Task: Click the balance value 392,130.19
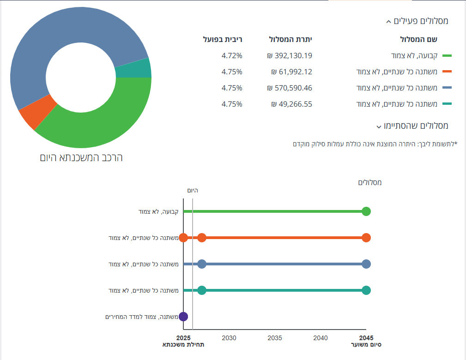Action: coord(290,56)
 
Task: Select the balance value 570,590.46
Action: coord(290,88)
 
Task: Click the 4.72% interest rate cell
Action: coord(232,56)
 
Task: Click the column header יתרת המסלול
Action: coord(291,39)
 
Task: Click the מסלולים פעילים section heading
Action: coord(417,21)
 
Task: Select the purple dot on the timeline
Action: coord(183,317)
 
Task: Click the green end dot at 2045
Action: coord(366,211)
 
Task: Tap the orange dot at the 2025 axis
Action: coord(183,238)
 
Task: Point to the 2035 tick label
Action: coord(275,338)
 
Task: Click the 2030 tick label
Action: coord(229,338)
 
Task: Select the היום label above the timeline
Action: coord(193,190)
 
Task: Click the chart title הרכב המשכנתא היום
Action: coord(81,157)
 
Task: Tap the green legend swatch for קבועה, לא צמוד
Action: coord(447,56)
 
